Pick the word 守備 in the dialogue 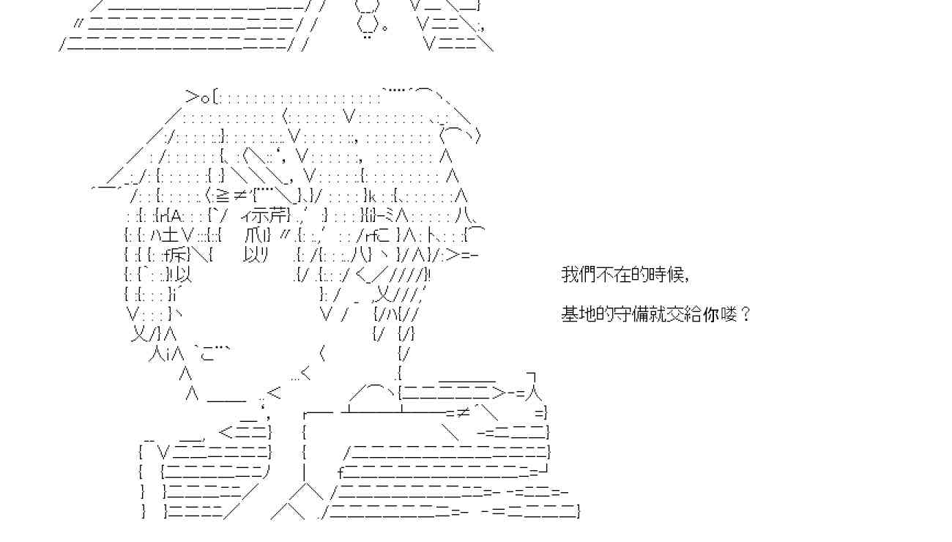pyautogui.click(x=627, y=315)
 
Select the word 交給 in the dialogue pyautogui.click(x=685, y=315)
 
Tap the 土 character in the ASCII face pyautogui.click(x=171, y=235)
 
